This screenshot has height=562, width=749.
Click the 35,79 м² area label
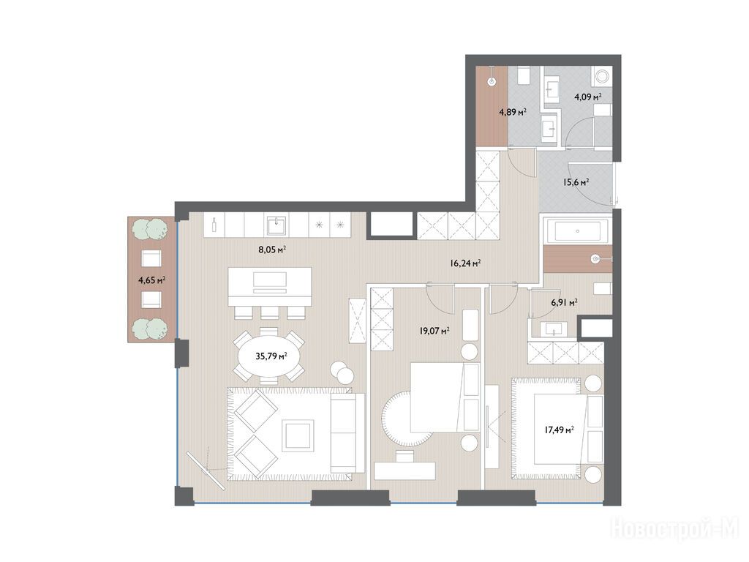pos(271,356)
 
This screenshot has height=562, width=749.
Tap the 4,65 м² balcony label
pos(152,280)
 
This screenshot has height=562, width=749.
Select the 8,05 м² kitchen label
pos(272,249)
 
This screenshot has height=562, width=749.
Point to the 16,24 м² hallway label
pos(464,263)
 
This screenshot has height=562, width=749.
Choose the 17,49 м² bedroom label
pos(559,430)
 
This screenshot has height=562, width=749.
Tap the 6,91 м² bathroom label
pos(564,302)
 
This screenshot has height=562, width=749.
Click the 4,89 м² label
pos(513,112)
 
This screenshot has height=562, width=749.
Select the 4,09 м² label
pos(587,97)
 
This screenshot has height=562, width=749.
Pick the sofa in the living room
pos(344,432)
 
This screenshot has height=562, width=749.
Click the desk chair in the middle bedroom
pos(405,455)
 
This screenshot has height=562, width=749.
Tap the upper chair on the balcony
pos(152,258)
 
